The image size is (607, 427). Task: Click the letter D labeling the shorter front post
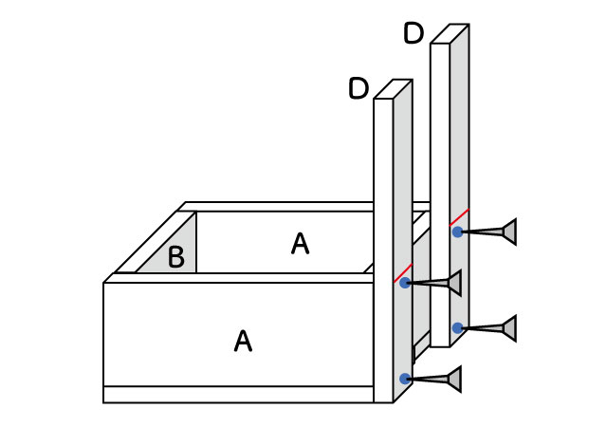click(x=359, y=89)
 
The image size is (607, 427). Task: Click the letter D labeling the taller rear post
click(x=414, y=34)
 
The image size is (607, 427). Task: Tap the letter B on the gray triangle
click(x=176, y=257)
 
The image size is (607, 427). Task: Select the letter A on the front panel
click(x=243, y=342)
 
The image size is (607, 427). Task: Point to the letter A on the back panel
click(x=300, y=245)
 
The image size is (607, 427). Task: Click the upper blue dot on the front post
click(x=405, y=283)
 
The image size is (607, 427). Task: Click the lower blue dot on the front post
click(x=405, y=379)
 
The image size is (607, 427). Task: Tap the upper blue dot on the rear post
click(x=457, y=232)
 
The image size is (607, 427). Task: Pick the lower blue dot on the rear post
click(x=457, y=328)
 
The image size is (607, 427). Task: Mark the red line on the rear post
click(x=459, y=217)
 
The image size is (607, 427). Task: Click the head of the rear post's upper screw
click(x=510, y=232)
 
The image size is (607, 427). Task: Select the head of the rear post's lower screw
click(x=510, y=328)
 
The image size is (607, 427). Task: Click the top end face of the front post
click(x=393, y=89)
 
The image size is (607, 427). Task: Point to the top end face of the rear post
click(x=449, y=34)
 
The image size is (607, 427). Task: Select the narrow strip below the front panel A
click(x=237, y=394)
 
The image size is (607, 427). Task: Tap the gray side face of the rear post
click(x=459, y=142)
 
